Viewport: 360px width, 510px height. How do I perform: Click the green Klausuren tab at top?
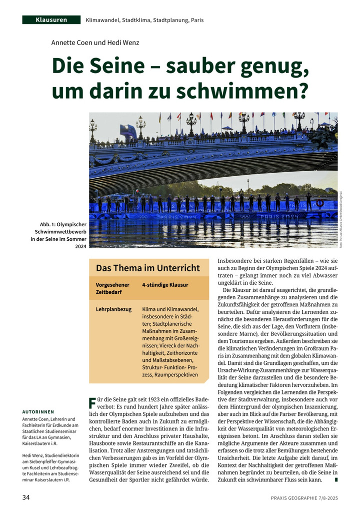pyautogui.click(x=51, y=20)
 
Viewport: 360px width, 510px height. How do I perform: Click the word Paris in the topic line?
pyautogui.click(x=196, y=20)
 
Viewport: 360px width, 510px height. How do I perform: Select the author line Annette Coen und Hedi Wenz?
pyautogui.click(x=95, y=43)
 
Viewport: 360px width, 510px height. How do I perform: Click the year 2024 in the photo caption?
pyautogui.click(x=80, y=246)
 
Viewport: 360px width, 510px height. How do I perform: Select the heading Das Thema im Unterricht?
pyautogui.click(x=147, y=268)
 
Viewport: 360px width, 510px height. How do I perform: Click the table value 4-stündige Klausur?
pyautogui.click(x=165, y=285)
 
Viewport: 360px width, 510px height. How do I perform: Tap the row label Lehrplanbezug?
pyautogui.click(x=113, y=309)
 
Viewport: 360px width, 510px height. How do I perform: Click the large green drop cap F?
pyautogui.click(x=92, y=403)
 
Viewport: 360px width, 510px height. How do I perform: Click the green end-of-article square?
pyautogui.click(x=336, y=480)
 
